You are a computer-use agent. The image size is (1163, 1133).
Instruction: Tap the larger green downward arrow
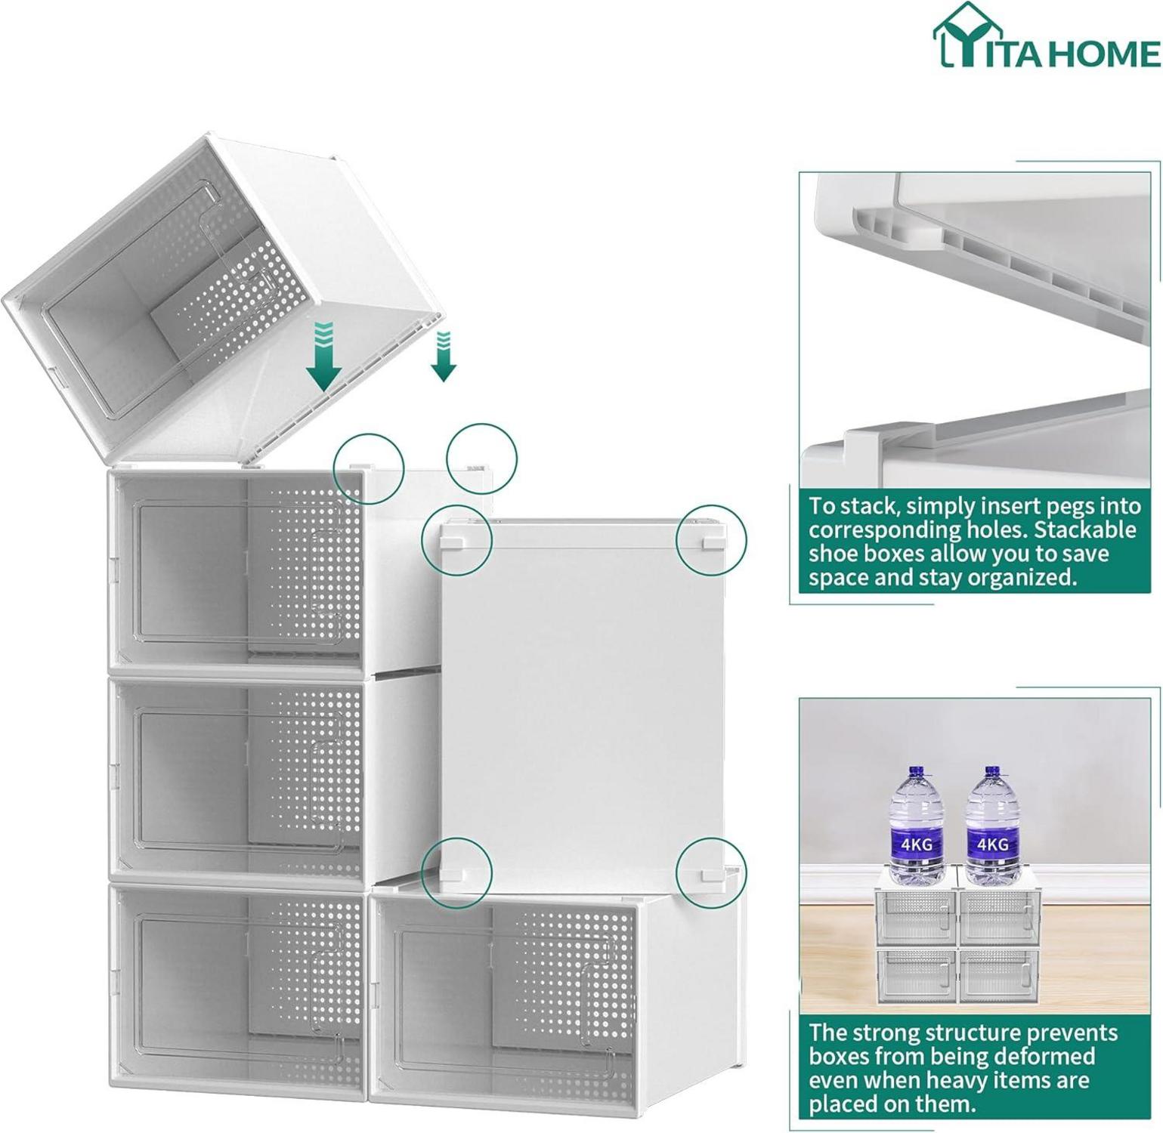323,357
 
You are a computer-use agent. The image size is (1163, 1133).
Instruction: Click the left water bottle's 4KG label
917,844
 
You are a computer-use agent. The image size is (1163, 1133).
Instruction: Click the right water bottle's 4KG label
991,844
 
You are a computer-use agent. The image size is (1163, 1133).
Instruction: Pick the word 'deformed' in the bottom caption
1047,1056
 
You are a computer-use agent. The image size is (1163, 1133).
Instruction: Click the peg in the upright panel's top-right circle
711,542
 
